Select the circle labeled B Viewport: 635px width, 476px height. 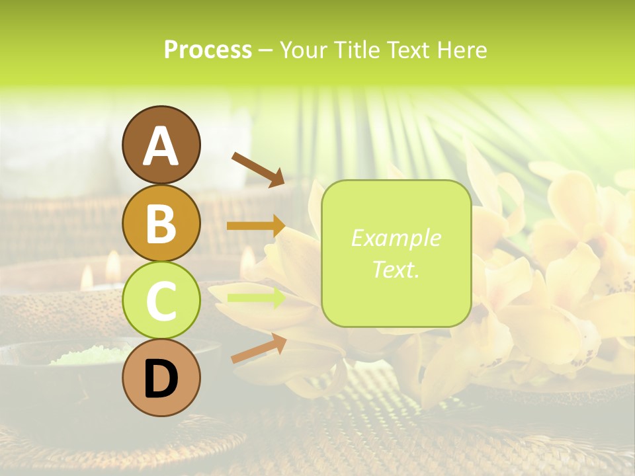point(161,223)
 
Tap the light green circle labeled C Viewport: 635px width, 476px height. point(161,301)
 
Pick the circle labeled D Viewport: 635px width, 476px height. point(161,379)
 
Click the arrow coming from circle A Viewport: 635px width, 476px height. point(257,169)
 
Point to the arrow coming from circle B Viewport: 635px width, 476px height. point(255,226)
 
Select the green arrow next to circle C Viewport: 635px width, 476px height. point(255,298)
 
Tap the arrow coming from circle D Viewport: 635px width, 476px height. point(258,348)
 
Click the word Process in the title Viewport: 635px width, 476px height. point(208,50)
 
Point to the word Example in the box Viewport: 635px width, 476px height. point(396,238)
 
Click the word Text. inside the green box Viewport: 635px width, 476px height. point(396,269)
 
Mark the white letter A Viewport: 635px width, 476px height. point(161,146)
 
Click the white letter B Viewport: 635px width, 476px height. point(161,223)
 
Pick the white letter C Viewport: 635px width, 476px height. point(161,301)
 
